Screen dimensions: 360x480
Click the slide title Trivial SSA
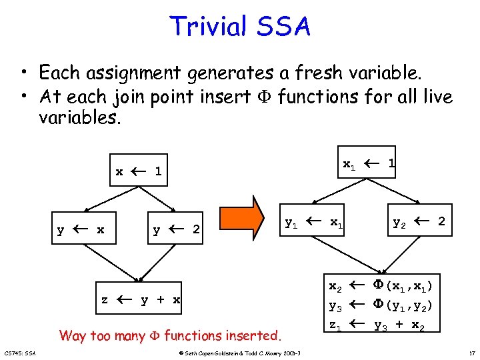(x=240, y=27)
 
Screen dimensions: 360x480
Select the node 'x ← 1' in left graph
(x=139, y=171)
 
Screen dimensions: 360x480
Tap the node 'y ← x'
(x=81, y=230)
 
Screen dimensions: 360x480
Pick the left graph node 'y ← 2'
(x=177, y=230)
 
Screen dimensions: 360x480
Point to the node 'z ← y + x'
(x=141, y=299)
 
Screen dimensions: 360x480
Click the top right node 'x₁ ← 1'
(x=369, y=163)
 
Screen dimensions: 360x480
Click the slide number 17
(x=471, y=352)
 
